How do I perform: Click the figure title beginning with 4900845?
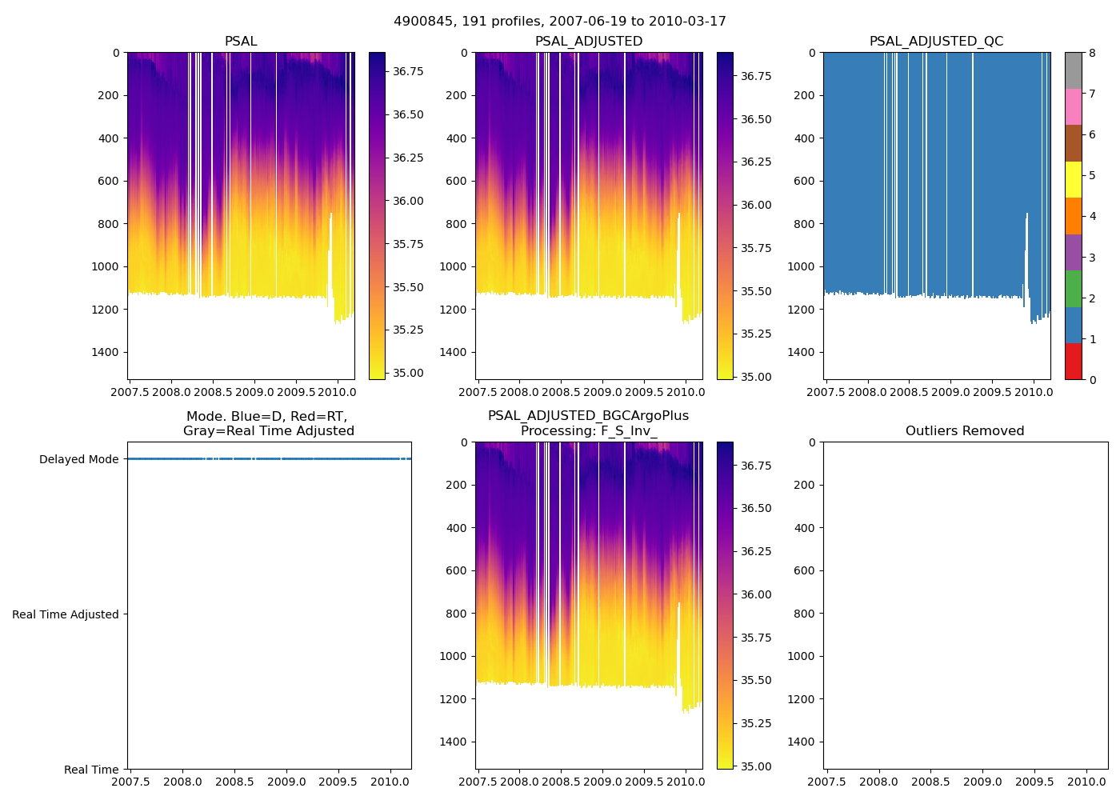pos(560,22)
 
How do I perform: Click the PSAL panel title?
pos(241,42)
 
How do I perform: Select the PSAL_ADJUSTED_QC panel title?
pos(936,42)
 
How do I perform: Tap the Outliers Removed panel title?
pos(965,431)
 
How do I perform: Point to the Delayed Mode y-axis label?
pos(78,459)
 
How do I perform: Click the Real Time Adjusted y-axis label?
pos(66,614)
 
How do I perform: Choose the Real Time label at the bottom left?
pos(91,770)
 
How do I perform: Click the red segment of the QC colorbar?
pos(1074,361)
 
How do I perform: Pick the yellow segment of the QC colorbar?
pos(1074,180)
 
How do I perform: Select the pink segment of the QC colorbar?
pos(1074,107)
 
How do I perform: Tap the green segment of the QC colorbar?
pos(1074,289)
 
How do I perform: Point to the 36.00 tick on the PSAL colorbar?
pos(408,201)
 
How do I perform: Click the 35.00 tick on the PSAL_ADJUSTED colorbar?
pos(756,377)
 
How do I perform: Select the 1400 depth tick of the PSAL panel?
pos(106,352)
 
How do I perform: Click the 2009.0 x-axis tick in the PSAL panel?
pos(254,393)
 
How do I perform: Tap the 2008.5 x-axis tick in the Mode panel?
pos(234,782)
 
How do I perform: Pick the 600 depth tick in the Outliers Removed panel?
pos(806,570)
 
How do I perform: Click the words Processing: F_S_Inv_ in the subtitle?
pos(589,431)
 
